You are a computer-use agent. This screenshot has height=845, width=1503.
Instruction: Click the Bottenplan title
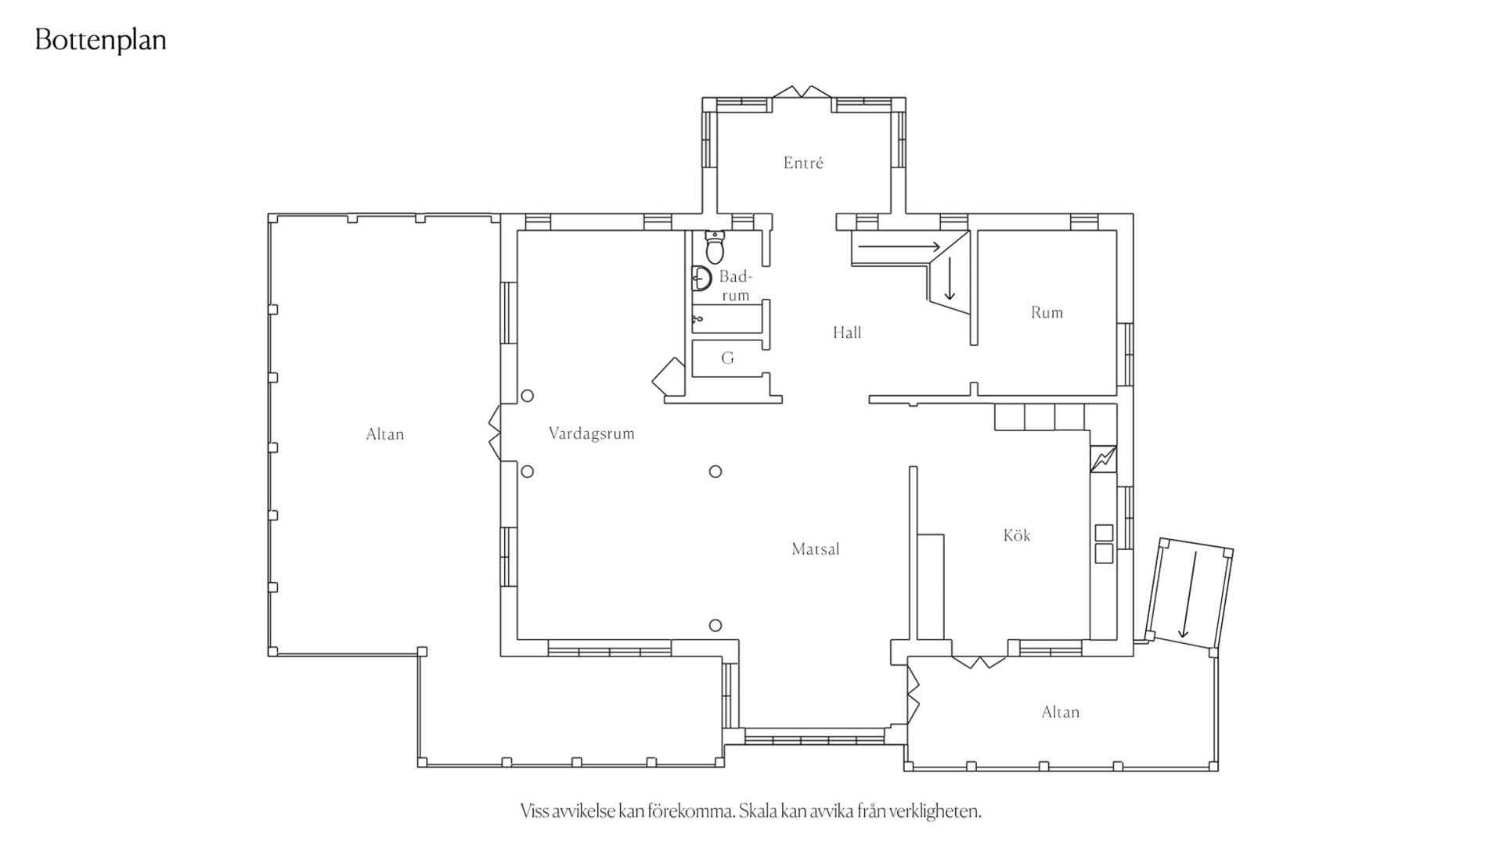101,41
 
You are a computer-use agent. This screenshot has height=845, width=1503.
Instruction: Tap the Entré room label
803,163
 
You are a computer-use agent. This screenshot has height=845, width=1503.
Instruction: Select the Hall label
847,333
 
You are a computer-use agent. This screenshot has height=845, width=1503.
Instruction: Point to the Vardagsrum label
592,433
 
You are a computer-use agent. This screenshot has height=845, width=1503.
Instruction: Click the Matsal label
816,549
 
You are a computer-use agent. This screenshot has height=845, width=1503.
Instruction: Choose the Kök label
1017,535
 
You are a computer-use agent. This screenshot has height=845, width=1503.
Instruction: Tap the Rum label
1047,312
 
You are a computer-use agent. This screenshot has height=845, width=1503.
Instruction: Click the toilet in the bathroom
715,246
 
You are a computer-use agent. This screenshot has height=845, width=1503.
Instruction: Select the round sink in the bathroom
701,279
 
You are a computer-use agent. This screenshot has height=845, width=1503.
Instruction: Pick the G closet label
727,358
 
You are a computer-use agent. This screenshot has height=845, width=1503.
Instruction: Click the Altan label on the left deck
385,434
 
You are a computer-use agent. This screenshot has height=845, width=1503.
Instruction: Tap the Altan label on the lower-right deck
1061,712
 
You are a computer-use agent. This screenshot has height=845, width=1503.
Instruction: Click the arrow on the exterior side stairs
1189,595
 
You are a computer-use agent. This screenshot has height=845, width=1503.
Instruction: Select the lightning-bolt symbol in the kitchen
1104,459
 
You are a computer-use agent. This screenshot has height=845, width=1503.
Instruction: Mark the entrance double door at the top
802,92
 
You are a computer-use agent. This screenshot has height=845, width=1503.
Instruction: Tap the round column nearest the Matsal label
715,625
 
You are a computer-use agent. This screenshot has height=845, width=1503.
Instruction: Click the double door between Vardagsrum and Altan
495,433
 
